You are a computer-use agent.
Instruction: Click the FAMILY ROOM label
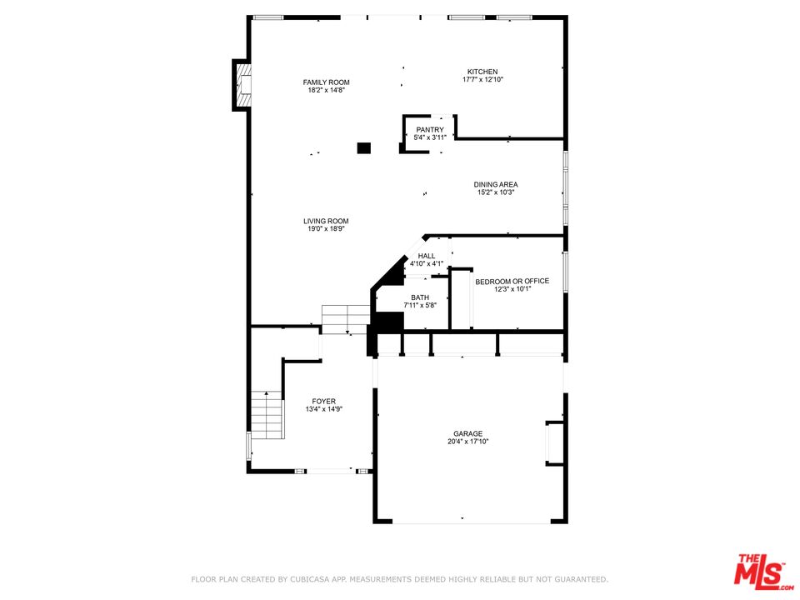[326, 82]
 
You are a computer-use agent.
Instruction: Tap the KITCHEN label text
[482, 72]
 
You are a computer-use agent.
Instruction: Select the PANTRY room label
[430, 130]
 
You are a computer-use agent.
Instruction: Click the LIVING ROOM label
[326, 221]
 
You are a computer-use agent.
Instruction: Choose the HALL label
[427, 256]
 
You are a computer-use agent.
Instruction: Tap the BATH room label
[420, 297]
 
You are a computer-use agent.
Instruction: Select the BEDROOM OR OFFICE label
[512, 282]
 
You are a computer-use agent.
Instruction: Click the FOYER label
[324, 401]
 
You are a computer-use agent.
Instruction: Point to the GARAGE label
[467, 433]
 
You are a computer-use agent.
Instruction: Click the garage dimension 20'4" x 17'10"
[467, 442]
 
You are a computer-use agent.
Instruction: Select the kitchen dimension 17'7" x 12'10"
[482, 80]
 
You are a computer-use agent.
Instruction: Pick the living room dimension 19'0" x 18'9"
[326, 229]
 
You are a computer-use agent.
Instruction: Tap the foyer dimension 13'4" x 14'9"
[324, 409]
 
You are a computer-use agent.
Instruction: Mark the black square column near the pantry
[363, 147]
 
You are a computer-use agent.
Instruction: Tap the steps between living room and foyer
[345, 318]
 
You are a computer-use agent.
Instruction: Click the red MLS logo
[759, 572]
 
